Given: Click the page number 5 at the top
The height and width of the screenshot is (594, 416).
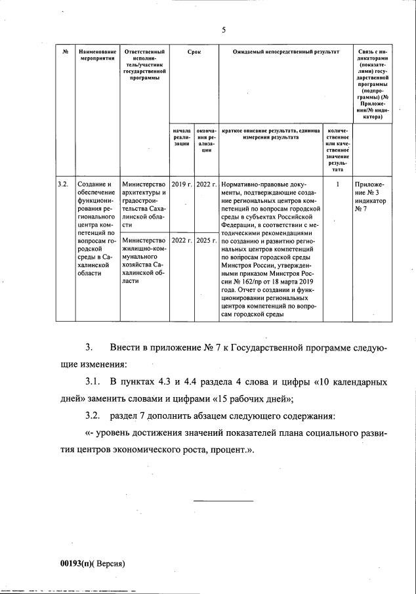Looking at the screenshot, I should [x=223, y=30].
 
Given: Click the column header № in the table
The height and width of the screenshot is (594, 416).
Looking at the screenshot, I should [x=64, y=51].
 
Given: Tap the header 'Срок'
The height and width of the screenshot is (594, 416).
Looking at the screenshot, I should [x=194, y=51].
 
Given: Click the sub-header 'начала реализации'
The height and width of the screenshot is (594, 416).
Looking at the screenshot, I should [x=180, y=137].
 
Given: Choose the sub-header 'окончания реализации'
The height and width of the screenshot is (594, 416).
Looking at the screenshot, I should [x=206, y=140].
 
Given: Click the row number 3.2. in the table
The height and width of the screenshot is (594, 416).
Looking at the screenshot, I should [x=63, y=184].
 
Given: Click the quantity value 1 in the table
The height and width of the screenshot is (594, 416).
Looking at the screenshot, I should [x=337, y=184].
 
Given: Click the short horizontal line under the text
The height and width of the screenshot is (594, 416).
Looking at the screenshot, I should [x=213, y=501].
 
